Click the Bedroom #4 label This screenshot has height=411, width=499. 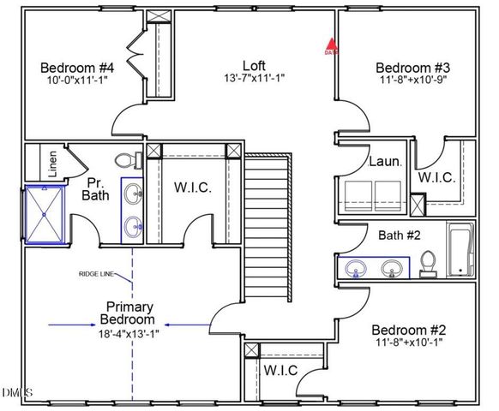coord(77,68)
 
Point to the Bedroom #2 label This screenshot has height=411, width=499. coord(407,330)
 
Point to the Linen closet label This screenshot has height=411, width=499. coord(53,164)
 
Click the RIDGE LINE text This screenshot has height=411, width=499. coord(99,275)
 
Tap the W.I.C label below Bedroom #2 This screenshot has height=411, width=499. coord(280,371)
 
